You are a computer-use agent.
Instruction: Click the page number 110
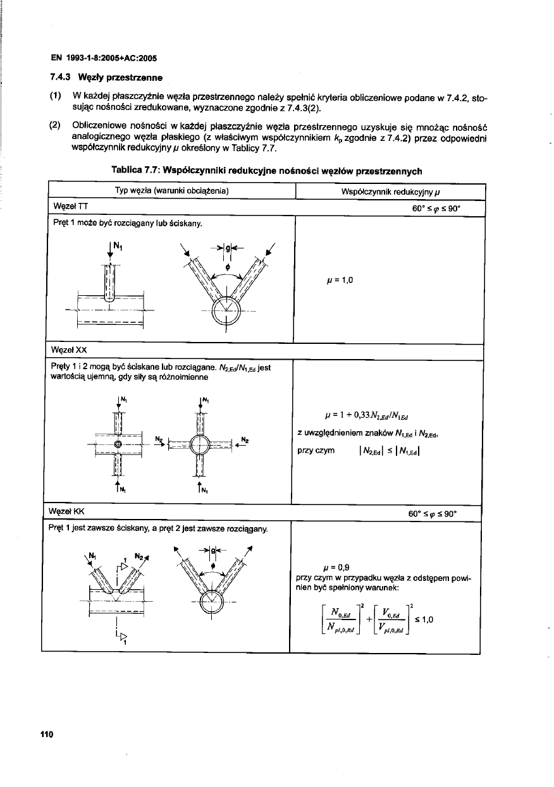click(45, 734)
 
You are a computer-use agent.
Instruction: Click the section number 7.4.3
click(61, 78)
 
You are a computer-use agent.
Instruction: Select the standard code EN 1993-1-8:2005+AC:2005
click(103, 58)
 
